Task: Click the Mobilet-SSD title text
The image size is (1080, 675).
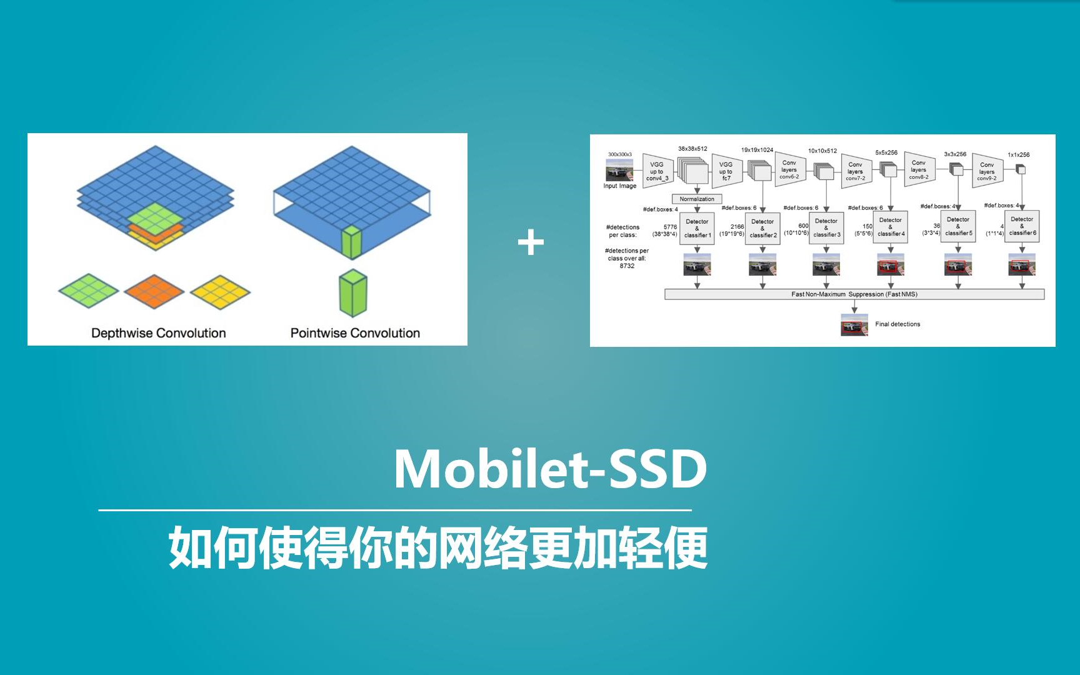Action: tap(550, 469)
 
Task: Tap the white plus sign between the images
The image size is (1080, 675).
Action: tap(531, 242)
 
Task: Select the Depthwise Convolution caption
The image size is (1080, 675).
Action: tap(159, 333)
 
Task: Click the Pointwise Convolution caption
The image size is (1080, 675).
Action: tap(355, 333)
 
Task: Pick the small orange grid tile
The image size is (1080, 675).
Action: tap(154, 291)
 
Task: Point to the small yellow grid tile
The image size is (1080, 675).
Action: tap(220, 291)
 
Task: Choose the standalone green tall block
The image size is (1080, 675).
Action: tap(353, 293)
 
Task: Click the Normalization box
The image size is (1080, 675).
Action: tap(696, 199)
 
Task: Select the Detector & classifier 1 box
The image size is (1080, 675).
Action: tap(697, 228)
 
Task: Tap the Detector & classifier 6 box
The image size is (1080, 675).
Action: tap(1022, 226)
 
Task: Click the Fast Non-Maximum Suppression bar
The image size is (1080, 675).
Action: tap(854, 294)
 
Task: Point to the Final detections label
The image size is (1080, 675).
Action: tap(897, 324)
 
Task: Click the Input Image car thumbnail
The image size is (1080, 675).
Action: tap(619, 169)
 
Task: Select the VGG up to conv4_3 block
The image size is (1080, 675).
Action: tap(657, 171)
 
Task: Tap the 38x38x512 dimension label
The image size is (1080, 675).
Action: tap(692, 149)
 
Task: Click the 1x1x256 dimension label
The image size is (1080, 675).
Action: tap(1018, 154)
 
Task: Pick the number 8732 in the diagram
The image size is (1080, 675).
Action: tap(627, 266)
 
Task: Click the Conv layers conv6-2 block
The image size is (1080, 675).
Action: tap(789, 169)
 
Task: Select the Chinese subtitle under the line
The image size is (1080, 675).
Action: tap(437, 547)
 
